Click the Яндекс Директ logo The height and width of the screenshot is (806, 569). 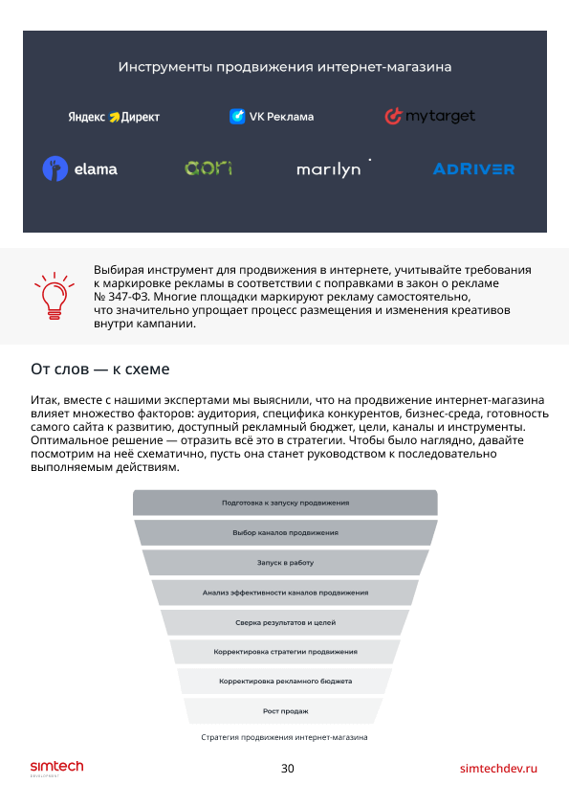pos(114,117)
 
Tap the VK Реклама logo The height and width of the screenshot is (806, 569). pos(272,117)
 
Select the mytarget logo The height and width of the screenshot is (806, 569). pos(429,116)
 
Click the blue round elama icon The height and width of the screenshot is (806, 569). pos(55,168)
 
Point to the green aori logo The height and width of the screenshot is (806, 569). pos(208,168)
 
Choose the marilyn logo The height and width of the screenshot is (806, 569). pos(334,168)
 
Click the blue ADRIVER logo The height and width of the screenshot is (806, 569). pos(473,168)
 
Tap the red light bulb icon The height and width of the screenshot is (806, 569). pos(55,296)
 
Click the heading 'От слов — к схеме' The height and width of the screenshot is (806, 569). pos(100,369)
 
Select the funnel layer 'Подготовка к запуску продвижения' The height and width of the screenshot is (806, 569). pos(286,503)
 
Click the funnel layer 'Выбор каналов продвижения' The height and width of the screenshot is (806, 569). pos(286,532)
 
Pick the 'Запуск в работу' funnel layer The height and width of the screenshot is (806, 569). pos(286,562)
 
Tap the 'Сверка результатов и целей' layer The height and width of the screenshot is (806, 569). pos(286,622)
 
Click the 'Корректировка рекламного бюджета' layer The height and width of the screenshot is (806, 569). pos(286,682)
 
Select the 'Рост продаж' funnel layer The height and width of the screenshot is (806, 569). pos(286,711)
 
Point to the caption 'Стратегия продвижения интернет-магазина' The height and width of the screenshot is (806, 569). pos(285,737)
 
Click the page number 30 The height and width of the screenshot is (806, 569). pos(288,769)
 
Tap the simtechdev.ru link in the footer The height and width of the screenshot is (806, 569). pos(498,769)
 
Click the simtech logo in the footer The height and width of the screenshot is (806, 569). pos(56,768)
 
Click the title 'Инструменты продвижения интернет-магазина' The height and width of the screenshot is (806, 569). pos(285,67)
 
